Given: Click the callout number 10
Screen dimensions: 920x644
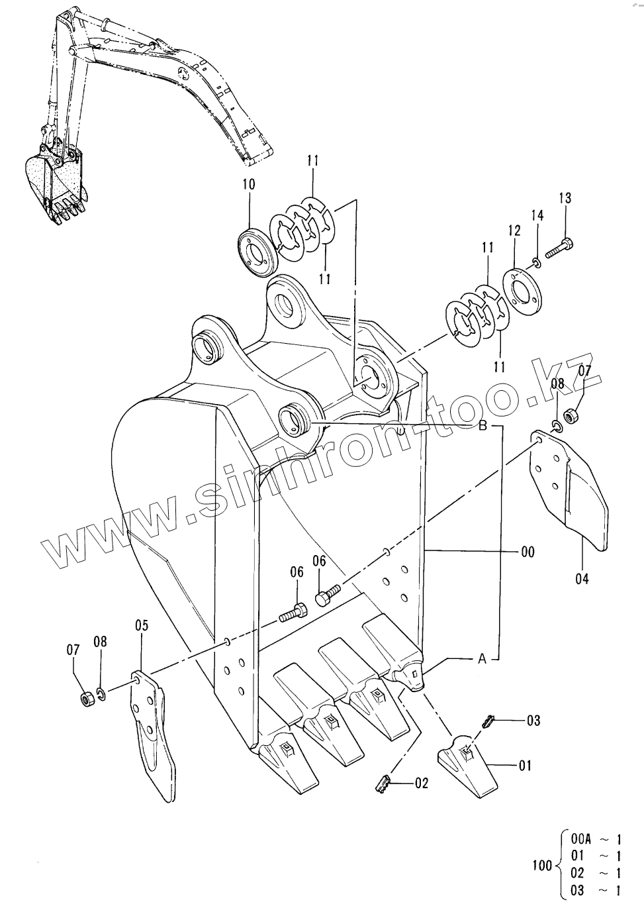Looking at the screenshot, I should point(249,184).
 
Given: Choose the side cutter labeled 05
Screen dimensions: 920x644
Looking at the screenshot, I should point(154,729).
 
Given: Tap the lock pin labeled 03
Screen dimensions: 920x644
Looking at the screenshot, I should point(488,721).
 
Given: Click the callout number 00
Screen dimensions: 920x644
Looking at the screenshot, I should point(527,551).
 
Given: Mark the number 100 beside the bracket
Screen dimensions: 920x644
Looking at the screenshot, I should point(542,865).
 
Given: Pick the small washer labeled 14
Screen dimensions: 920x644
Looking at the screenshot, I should point(537,264).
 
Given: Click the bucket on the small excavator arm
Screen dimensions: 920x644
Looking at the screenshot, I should point(55,182).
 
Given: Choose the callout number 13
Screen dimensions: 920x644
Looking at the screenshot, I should point(565,197).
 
